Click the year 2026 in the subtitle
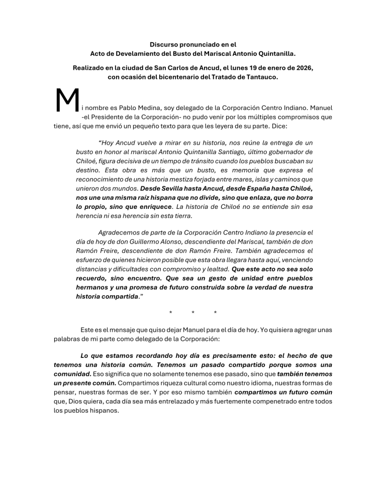[303, 68]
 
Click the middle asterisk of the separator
[193, 313]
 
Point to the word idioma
[264, 384]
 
